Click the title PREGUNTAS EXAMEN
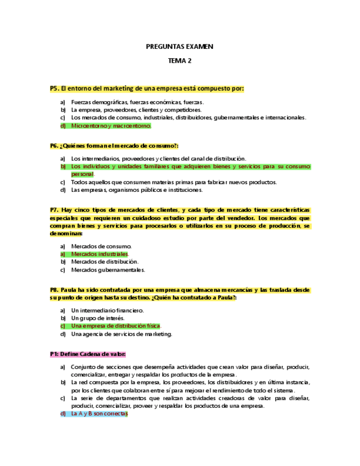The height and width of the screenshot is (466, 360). (179, 47)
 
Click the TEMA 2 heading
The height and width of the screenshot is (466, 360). (179, 61)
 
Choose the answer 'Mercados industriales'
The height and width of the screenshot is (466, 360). (99, 254)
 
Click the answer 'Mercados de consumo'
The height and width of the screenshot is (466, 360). (102, 247)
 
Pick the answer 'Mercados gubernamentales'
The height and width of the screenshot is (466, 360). (108, 270)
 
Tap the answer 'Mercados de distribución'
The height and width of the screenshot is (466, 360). (105, 262)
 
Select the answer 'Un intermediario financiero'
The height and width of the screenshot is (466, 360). (108, 310)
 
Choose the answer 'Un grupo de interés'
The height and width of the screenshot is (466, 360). (98, 318)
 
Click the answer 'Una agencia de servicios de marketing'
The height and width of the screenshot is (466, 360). (121, 334)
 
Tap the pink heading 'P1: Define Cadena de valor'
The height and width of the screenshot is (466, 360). (88, 354)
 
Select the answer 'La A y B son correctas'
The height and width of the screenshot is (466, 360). (99, 414)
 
